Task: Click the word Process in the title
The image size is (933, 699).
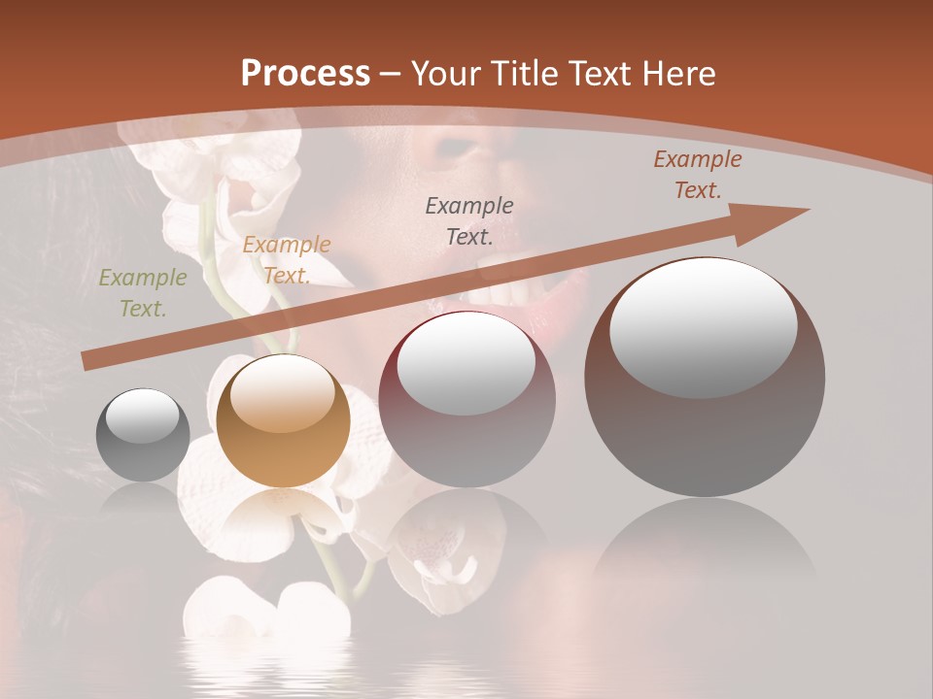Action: point(305,74)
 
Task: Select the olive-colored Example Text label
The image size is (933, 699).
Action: point(143,293)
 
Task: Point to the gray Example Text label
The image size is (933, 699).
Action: point(469,220)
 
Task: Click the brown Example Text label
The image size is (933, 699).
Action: point(698,175)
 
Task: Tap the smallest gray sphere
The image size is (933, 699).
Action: point(143,435)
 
